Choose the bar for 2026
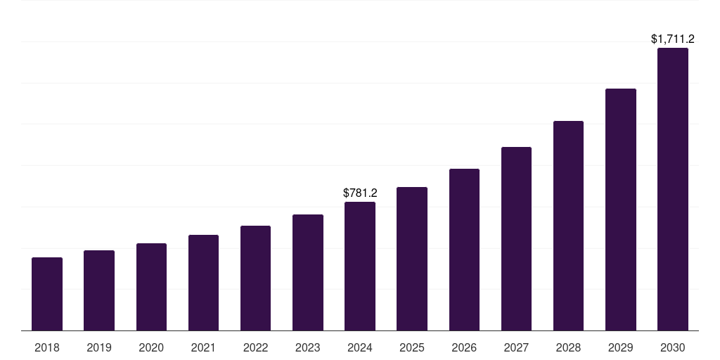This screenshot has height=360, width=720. (x=464, y=250)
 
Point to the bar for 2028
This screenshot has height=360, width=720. (x=568, y=226)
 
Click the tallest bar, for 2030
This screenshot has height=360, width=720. (x=673, y=189)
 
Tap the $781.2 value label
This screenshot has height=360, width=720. (x=360, y=193)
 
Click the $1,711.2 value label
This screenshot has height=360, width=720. (x=673, y=39)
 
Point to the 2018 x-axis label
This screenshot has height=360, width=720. (x=47, y=347)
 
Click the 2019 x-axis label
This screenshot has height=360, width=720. (x=99, y=347)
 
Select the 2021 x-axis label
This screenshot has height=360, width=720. (x=203, y=347)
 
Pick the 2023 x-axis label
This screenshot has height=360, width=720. (x=308, y=347)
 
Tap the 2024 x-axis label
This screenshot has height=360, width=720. (x=360, y=347)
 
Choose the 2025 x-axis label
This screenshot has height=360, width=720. (x=412, y=347)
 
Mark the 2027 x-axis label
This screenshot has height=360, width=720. (x=516, y=347)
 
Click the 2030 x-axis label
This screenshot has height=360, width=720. (x=673, y=347)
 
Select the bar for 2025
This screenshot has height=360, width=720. (x=412, y=259)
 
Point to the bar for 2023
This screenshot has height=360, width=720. (x=308, y=272)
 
